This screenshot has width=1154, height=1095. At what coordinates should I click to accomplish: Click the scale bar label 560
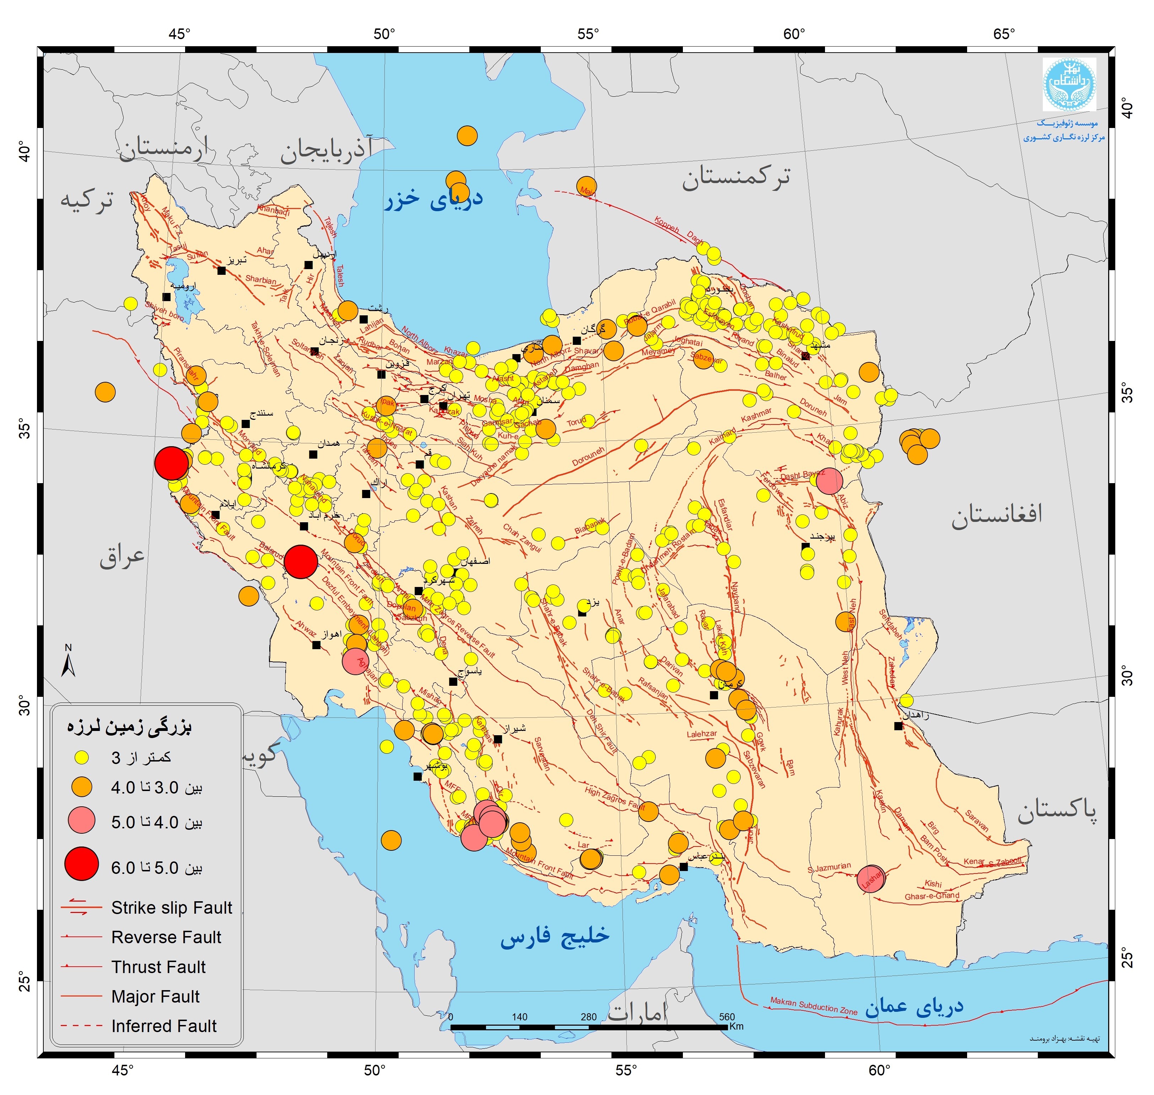pos(727,1017)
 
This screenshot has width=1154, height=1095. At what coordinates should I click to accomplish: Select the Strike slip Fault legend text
pos(172,908)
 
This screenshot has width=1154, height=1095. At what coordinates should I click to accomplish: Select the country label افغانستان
pos(997,514)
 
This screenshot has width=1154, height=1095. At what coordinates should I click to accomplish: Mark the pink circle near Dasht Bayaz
pos(829,481)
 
